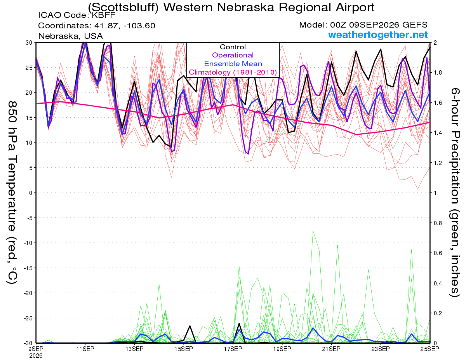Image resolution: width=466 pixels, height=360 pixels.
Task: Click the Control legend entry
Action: point(233,47)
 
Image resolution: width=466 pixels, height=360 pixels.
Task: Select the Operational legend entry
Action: point(233,55)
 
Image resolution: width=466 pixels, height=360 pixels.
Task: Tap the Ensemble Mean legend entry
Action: point(233,64)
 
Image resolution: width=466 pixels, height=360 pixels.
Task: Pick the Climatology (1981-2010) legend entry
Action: point(233,72)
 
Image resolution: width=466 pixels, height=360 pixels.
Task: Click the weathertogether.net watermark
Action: point(378,35)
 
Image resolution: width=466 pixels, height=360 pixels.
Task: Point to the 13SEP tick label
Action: point(134,349)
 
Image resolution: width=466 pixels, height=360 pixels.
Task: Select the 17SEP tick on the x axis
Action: point(233,349)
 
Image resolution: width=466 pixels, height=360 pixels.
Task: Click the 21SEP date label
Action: point(331,349)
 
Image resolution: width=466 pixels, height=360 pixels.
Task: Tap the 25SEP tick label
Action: point(430,349)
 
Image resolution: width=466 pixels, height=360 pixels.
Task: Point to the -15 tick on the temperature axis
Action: point(28,268)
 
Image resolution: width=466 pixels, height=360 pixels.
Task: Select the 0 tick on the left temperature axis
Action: point(31,193)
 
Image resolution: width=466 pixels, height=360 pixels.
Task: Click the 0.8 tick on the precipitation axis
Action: point(436,223)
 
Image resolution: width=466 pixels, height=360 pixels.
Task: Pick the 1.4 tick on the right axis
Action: point(436,133)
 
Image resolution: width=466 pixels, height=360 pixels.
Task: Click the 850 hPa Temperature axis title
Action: point(12,193)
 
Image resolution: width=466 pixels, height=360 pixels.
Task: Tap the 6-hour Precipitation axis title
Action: point(455,192)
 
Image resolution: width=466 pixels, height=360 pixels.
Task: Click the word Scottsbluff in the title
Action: point(123,7)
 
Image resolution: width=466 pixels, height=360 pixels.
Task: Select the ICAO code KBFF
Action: point(104,15)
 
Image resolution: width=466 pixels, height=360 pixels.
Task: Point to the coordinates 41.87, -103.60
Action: point(125,26)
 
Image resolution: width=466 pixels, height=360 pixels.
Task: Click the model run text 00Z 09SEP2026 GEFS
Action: point(379,25)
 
